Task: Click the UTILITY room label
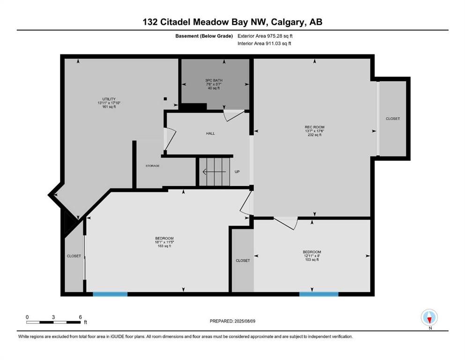tap(106, 99)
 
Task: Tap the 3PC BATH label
tap(214, 80)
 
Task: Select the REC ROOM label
tap(314, 127)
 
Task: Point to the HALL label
tap(210, 134)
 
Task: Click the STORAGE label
tap(152, 166)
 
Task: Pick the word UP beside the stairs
tap(237, 172)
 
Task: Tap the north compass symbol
tap(429, 317)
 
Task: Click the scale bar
tap(54, 322)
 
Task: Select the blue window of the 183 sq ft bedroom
tap(110, 294)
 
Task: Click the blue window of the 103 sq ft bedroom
tap(318, 294)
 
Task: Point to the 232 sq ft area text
tap(314, 135)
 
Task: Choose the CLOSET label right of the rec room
tap(393, 119)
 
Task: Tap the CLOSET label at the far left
tap(74, 256)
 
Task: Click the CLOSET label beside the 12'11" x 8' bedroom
tap(243, 260)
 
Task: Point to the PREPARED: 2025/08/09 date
tap(233, 321)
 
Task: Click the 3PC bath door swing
tap(233, 115)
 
